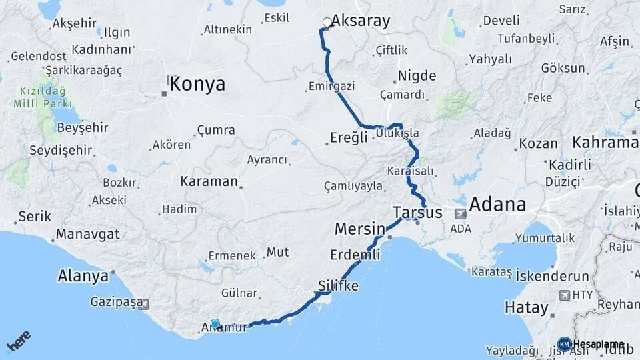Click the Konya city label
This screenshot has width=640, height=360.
197,85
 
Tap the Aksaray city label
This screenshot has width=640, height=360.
361,21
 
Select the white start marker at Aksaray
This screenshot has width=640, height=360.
327,23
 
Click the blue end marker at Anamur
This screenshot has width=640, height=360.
215,324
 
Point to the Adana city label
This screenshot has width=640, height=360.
497,204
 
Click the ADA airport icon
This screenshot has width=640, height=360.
461,214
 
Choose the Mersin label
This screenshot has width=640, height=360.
360,229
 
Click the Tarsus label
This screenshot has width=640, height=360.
418,213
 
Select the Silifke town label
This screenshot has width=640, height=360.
338,286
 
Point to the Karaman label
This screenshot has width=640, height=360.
209,181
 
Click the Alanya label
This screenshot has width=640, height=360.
83,275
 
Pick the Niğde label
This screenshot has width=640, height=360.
417,75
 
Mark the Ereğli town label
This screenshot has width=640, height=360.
349,138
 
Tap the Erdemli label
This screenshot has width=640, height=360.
355,254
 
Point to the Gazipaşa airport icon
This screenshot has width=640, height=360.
146,303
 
